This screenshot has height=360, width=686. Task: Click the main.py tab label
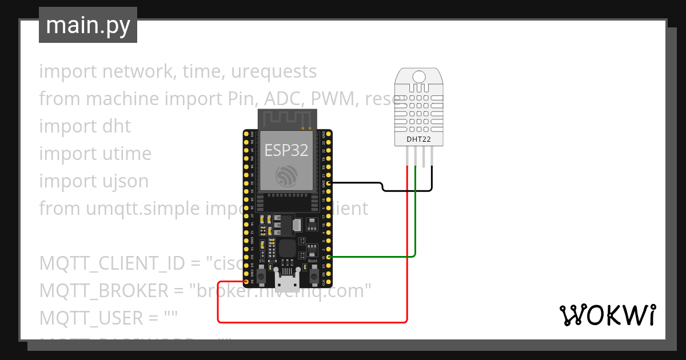87,25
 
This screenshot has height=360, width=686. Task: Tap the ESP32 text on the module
286,150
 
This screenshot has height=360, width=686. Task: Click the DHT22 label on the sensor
418,139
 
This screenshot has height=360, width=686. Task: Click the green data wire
415,229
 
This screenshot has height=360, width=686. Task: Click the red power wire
312,322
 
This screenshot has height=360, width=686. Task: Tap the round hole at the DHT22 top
418,77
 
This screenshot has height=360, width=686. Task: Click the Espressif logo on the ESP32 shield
286,175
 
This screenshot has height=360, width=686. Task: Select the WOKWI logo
607,315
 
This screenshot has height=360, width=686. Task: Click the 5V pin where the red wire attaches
247,282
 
